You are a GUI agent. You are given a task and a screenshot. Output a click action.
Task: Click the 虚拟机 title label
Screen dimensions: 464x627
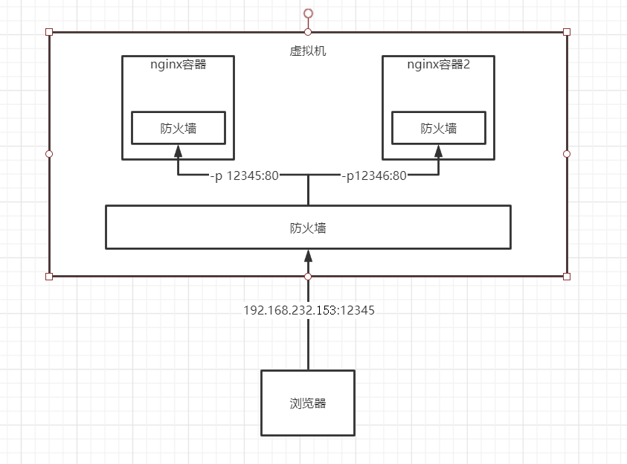click(307, 51)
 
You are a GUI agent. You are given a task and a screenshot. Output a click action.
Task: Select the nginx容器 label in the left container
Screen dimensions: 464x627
click(178, 64)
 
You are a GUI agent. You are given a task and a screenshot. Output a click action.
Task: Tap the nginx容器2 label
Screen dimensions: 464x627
click(439, 64)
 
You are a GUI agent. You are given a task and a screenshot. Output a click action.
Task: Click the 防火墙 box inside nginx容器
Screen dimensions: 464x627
click(179, 128)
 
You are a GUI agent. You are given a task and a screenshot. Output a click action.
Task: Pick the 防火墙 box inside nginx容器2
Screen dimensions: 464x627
click(439, 128)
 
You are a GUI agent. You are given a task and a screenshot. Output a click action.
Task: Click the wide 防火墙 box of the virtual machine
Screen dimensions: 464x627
click(308, 228)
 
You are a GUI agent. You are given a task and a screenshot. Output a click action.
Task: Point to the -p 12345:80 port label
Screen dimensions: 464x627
click(244, 176)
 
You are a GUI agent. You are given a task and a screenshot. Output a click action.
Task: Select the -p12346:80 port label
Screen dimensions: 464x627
click(373, 176)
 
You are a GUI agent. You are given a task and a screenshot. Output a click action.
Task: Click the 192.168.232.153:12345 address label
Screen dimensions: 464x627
click(309, 311)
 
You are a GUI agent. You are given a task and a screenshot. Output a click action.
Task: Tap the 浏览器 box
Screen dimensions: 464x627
click(308, 403)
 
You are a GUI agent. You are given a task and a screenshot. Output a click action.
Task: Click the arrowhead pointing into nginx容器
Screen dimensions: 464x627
click(178, 151)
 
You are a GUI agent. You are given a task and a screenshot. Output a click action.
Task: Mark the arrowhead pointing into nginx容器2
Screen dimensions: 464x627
click(439, 151)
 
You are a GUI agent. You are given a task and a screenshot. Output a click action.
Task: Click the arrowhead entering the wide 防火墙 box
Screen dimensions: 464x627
click(308, 255)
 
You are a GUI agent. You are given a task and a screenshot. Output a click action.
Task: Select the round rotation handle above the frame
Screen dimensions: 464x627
click(308, 13)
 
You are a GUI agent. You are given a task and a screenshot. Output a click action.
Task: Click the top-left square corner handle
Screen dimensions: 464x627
click(49, 32)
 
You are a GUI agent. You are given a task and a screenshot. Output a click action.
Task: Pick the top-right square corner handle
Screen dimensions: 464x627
click(567, 32)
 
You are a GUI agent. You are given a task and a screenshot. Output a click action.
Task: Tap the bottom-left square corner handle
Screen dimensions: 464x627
click(49, 277)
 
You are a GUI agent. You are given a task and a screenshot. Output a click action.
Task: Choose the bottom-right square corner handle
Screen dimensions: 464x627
click(567, 277)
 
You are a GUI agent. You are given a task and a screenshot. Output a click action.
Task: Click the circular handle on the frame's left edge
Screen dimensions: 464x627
click(49, 154)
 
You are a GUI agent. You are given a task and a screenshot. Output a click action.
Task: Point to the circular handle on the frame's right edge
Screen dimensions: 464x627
click(567, 154)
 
